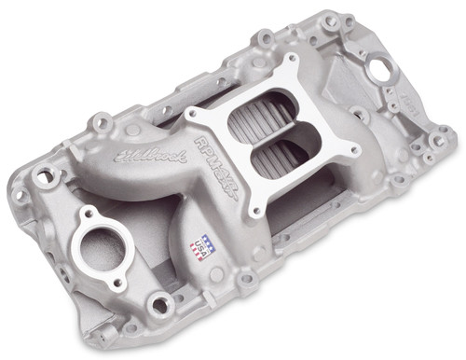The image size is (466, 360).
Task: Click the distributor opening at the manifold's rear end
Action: click(380, 68)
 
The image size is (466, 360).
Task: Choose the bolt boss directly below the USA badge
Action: click(244, 278)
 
